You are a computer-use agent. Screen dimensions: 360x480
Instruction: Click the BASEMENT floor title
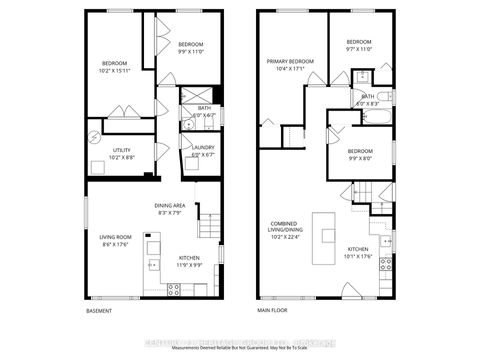(99, 311)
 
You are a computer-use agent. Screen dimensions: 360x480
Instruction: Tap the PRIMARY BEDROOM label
(290, 61)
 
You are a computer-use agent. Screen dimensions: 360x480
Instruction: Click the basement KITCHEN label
(175, 257)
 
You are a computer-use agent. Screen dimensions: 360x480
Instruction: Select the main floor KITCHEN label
(358, 249)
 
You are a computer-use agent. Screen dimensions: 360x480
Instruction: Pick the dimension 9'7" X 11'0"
(358, 47)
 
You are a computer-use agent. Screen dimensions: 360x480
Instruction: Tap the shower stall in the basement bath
(189, 98)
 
